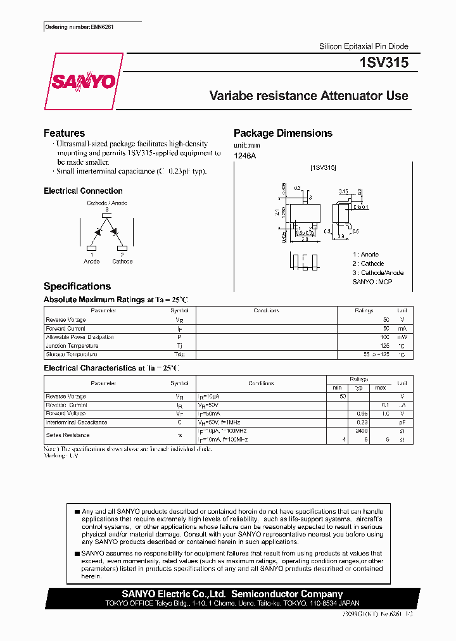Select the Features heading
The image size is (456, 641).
point(64,133)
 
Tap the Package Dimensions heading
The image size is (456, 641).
point(282,133)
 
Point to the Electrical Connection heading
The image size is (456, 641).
point(83,191)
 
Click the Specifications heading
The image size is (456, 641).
point(77,286)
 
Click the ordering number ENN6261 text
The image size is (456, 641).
point(80,27)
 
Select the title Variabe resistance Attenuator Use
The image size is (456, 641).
point(308,96)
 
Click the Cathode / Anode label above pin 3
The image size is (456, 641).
point(107,203)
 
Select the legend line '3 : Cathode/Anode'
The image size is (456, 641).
point(377,272)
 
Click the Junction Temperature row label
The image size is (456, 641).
point(72,346)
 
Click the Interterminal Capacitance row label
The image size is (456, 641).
point(77,422)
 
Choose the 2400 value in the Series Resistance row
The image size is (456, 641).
point(362,431)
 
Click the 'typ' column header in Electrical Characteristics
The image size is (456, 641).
point(358,387)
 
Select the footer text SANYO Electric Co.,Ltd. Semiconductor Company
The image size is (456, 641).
point(232,594)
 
